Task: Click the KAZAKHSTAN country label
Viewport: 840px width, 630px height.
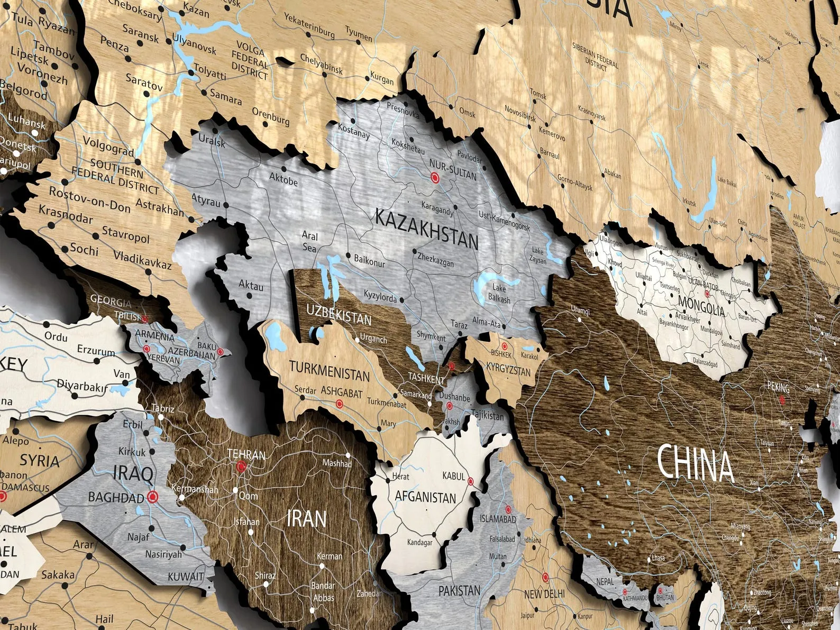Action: [x=426, y=229]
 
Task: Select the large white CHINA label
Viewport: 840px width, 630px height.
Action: [x=695, y=463]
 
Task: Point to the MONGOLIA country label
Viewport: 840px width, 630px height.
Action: [x=701, y=307]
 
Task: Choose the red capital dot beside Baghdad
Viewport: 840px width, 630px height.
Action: [x=153, y=496]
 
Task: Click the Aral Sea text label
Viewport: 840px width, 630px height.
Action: [x=309, y=240]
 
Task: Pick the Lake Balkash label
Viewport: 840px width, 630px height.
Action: [x=501, y=294]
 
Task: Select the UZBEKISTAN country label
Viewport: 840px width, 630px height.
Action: [x=339, y=314]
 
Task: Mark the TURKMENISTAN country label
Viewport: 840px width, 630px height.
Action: [x=329, y=371]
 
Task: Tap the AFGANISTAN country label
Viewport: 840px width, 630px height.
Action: [x=425, y=497]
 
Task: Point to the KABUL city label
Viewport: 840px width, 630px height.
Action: [x=453, y=476]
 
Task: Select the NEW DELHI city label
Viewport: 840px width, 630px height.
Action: [x=544, y=594]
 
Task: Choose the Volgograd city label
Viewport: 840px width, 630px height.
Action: [x=108, y=147]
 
